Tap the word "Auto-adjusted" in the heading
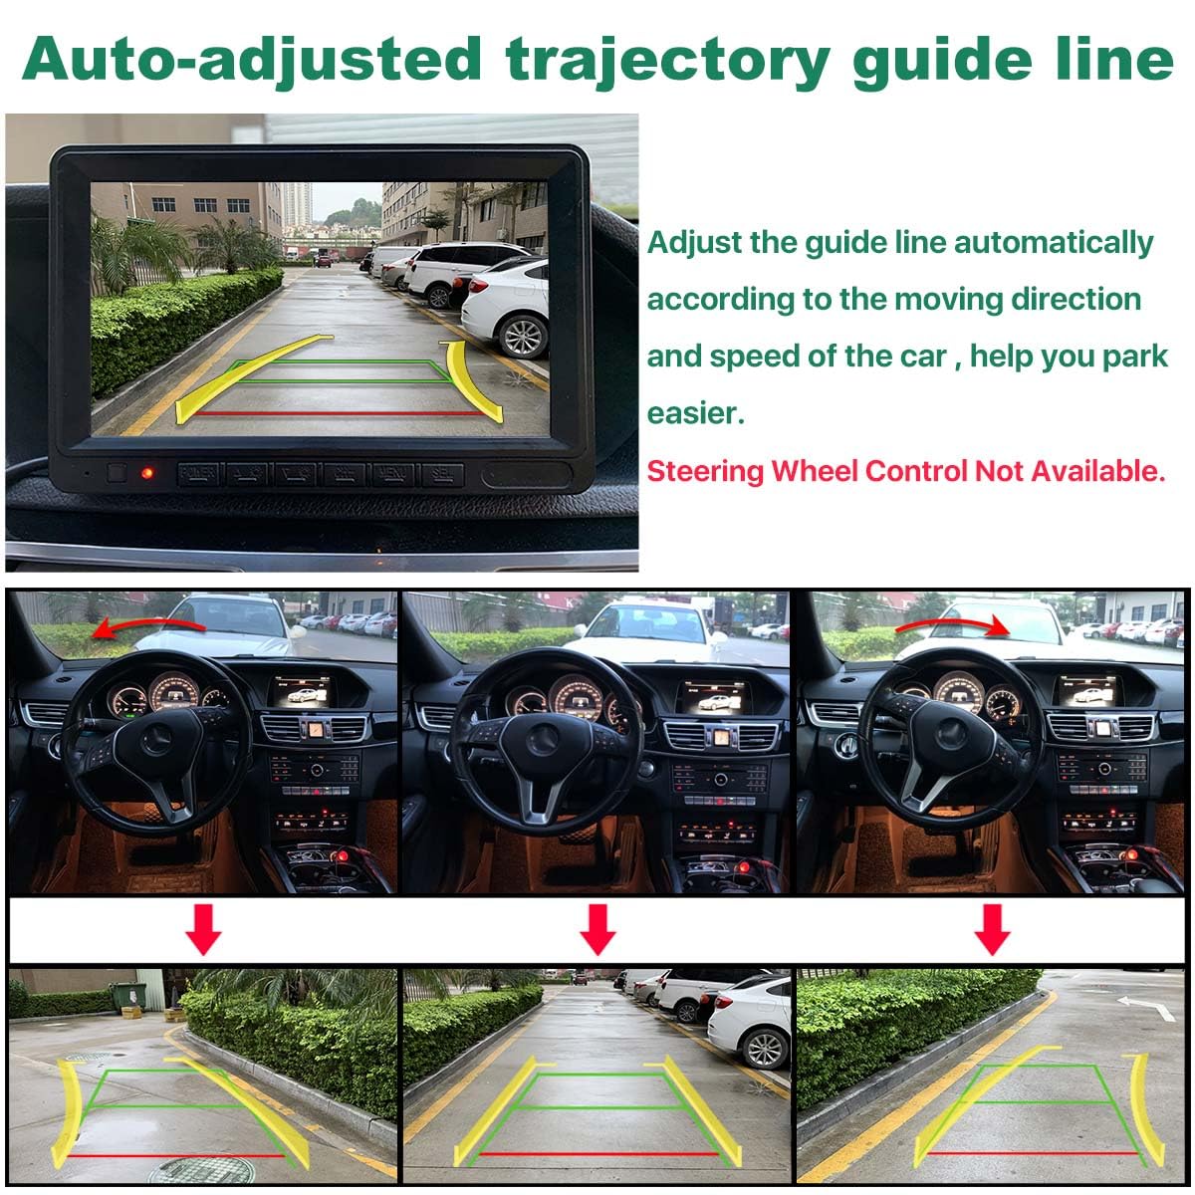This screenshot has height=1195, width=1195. click(251, 61)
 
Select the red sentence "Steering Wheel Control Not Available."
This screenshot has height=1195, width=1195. click(906, 471)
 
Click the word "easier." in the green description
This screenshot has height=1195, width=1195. click(695, 413)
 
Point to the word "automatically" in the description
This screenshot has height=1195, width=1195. click(1053, 243)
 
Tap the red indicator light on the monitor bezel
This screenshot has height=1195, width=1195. click(147, 474)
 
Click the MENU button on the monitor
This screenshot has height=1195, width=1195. click(393, 474)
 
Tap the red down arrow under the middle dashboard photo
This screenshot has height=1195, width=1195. click(597, 929)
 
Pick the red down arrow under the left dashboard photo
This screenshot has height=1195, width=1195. click(203, 929)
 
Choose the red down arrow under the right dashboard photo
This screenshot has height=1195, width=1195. click(992, 929)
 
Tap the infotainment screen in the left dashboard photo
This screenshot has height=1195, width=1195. click(302, 691)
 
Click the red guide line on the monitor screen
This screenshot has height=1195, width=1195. click(339, 413)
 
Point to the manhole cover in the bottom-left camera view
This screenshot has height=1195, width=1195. click(201, 1169)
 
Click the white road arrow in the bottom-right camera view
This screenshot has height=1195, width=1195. click(1146, 1008)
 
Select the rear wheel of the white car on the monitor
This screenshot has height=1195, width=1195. click(523, 336)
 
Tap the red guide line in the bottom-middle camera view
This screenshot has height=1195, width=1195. click(598, 1154)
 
